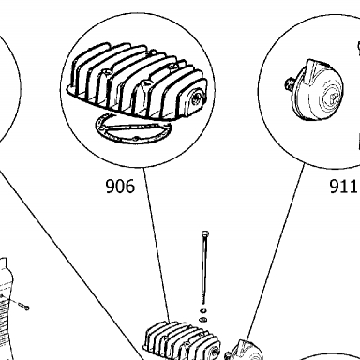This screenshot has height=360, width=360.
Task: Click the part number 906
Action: [x=120, y=187]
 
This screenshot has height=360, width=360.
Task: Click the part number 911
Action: [x=343, y=187]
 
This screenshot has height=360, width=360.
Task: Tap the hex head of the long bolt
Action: [x=205, y=234]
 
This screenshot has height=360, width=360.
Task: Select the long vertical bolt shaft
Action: [x=204, y=270]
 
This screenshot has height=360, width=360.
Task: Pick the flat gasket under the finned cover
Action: [x=134, y=129]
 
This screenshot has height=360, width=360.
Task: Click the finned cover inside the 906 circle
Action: [x=138, y=82]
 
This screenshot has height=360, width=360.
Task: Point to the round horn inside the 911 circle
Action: [x=316, y=90]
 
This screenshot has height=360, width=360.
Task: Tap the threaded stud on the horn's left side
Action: [x=290, y=84]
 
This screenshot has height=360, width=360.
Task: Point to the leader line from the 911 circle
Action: [x=275, y=252]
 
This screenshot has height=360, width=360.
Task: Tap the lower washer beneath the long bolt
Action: [x=203, y=320]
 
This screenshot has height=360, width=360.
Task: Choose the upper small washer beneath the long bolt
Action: [x=203, y=310]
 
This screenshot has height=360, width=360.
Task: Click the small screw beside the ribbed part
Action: [x=23, y=306]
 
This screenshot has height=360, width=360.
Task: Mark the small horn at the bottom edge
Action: [x=246, y=351]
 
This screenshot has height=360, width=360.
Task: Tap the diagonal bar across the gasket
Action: [x=133, y=127]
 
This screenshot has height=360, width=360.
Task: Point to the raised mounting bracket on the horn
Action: [x=313, y=70]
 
